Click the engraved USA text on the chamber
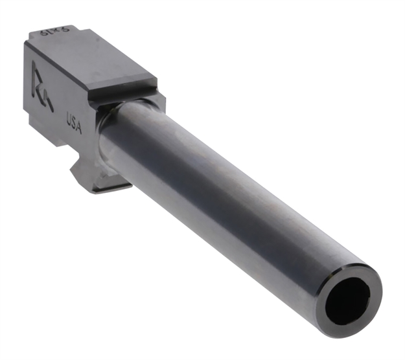coord(73,123)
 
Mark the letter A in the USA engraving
coord(78,128)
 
